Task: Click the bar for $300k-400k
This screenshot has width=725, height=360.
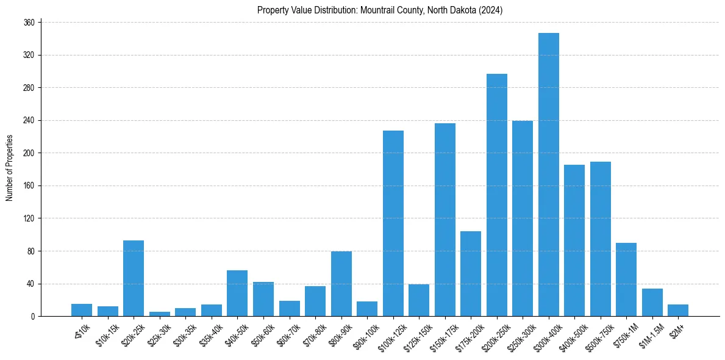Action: pos(548,175)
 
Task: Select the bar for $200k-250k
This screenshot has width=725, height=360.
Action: pos(496,195)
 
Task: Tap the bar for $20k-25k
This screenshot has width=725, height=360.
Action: pos(134,278)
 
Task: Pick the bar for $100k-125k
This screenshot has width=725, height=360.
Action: pos(393,223)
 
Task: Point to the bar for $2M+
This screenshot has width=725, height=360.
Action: pos(677,311)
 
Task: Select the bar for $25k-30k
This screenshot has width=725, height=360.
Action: pos(160,314)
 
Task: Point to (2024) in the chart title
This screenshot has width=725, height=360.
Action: pos(490,10)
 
